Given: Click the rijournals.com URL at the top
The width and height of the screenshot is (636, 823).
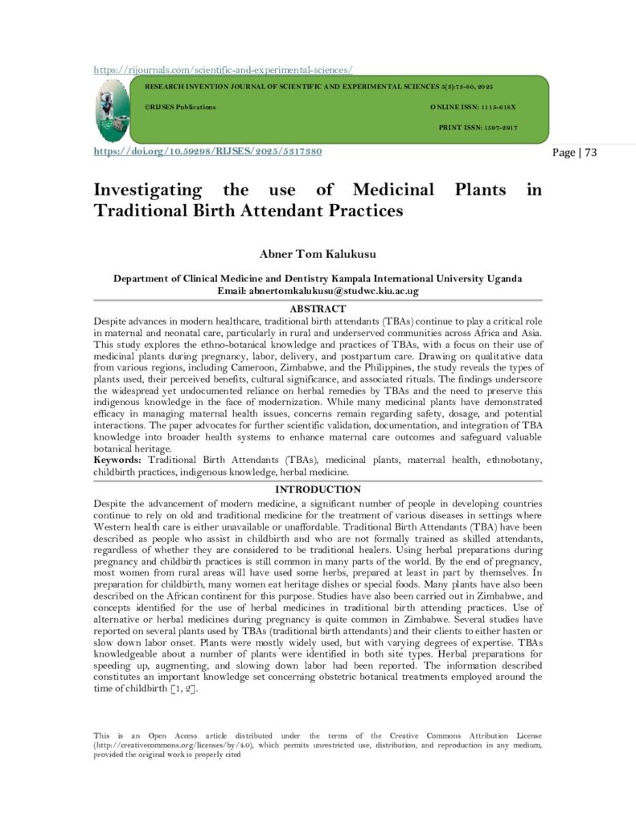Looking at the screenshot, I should pos(224,70).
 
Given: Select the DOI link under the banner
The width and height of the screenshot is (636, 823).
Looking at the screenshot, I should pos(208,151).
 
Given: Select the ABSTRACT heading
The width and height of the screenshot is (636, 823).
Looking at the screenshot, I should pos(318,309).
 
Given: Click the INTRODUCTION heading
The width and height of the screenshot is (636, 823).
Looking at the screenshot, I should pos(318,489).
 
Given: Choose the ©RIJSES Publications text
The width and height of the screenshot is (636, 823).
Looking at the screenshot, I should pos(181,107).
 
